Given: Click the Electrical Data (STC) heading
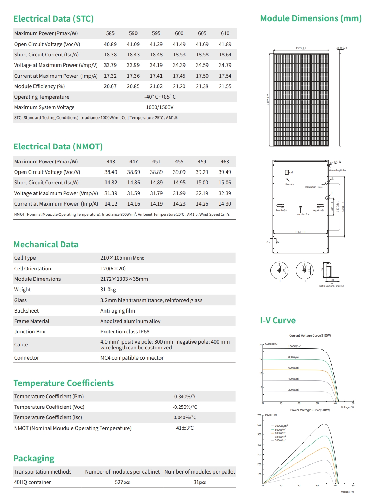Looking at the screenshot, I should (x=53, y=19).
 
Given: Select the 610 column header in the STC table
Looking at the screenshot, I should (x=225, y=33).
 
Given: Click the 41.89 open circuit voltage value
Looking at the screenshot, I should (x=225, y=44).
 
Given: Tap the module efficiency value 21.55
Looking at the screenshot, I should (x=225, y=86).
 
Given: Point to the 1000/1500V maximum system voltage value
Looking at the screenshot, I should (x=159, y=107).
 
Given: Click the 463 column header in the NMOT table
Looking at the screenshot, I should (x=225, y=162).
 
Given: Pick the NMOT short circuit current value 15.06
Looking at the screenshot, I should (x=225, y=183).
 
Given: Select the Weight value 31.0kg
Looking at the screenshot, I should (x=108, y=290).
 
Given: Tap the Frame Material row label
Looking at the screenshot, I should (x=32, y=321).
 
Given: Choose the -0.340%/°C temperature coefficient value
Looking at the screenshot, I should (x=185, y=397).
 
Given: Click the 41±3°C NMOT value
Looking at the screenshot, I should (x=185, y=428).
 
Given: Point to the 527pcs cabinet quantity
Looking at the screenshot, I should (x=122, y=482).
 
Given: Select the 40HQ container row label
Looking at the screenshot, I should (x=32, y=482).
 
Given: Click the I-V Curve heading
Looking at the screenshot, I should (x=278, y=321).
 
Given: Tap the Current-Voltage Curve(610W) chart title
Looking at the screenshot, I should (x=310, y=336).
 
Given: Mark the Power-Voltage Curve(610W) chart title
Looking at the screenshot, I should (x=310, y=410).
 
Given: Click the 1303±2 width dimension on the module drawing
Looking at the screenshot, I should (x=301, y=48).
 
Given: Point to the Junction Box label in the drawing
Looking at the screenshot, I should (x=303, y=214).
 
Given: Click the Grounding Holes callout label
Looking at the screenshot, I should (x=337, y=170).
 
